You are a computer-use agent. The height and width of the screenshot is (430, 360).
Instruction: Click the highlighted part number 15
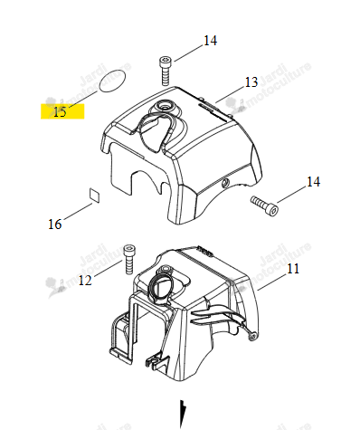tap(60, 112)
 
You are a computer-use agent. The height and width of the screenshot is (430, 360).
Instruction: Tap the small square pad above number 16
tap(95, 195)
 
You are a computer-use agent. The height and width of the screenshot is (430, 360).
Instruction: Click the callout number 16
tap(55, 225)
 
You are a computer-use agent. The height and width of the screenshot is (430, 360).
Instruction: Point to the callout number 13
tap(251, 82)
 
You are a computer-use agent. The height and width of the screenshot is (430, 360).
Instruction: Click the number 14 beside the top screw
tap(210, 41)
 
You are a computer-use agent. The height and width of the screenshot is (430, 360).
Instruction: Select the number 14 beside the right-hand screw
tap(313, 182)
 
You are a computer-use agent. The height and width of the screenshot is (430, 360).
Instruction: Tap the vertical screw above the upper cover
tap(165, 71)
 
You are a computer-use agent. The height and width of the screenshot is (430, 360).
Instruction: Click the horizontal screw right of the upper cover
tap(264, 205)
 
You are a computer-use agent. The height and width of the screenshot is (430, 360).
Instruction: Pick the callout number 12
tap(85, 281)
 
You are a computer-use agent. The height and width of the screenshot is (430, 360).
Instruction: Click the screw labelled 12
tap(129, 259)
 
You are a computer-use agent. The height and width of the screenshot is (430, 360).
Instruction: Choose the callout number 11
tap(293, 268)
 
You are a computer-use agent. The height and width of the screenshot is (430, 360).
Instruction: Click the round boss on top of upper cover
tap(165, 106)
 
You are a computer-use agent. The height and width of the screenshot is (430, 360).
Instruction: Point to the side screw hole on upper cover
tap(225, 183)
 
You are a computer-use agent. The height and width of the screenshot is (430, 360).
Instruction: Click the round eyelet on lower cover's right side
tap(252, 335)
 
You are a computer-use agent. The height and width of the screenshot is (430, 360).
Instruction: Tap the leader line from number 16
tap(78, 212)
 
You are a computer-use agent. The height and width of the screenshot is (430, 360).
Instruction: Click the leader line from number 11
tap(271, 282)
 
